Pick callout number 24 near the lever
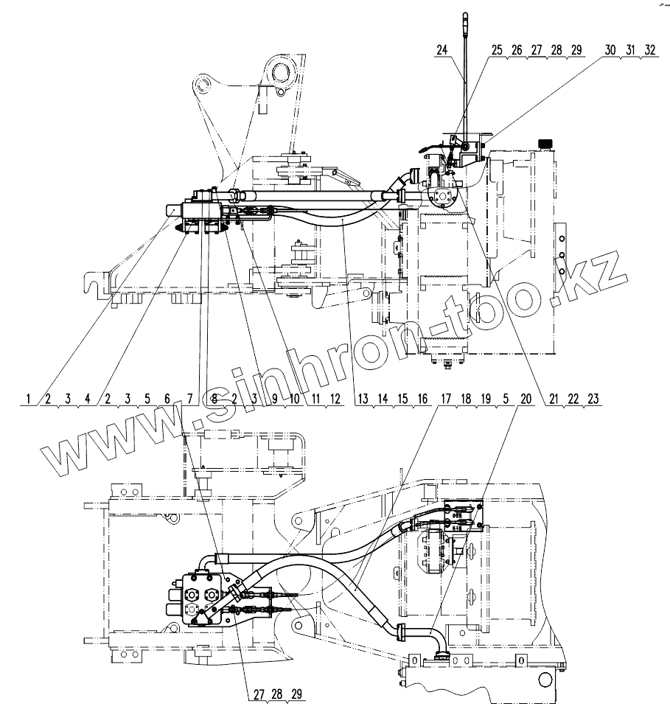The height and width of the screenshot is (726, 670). coord(442,50)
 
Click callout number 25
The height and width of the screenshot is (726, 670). coord(497,50)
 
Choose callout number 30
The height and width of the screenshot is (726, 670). coord(610,50)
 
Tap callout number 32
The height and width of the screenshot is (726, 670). coord(649,50)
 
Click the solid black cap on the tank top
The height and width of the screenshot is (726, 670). coord(546,143)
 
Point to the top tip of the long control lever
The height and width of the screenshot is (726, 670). coord(465,14)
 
